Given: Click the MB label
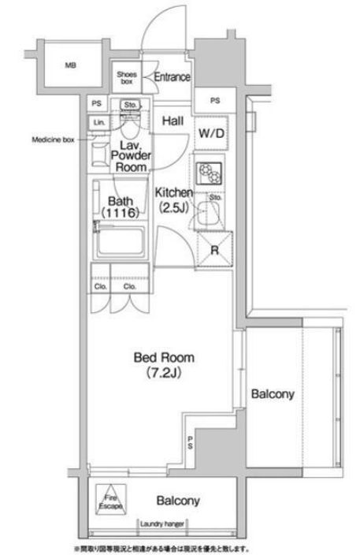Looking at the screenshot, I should click(71, 66).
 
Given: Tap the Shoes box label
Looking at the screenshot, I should click(127, 76).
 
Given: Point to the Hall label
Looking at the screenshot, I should click(173, 121).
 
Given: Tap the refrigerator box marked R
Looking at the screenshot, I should click(213, 252).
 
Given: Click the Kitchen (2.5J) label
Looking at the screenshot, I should click(173, 199).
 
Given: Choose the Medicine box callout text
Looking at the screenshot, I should click(53, 140).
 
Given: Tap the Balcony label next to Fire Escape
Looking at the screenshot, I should click(176, 500).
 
